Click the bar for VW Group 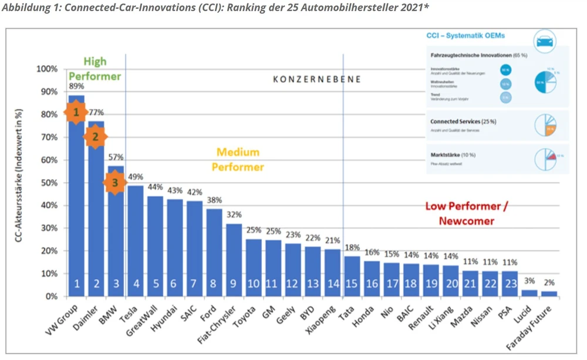pos(77,206)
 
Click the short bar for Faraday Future pos(548,294)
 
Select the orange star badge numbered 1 pos(75,112)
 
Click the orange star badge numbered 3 pos(115,183)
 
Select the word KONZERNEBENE pos(317,79)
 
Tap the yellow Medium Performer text pos(237,160)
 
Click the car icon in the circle pos(545,41)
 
